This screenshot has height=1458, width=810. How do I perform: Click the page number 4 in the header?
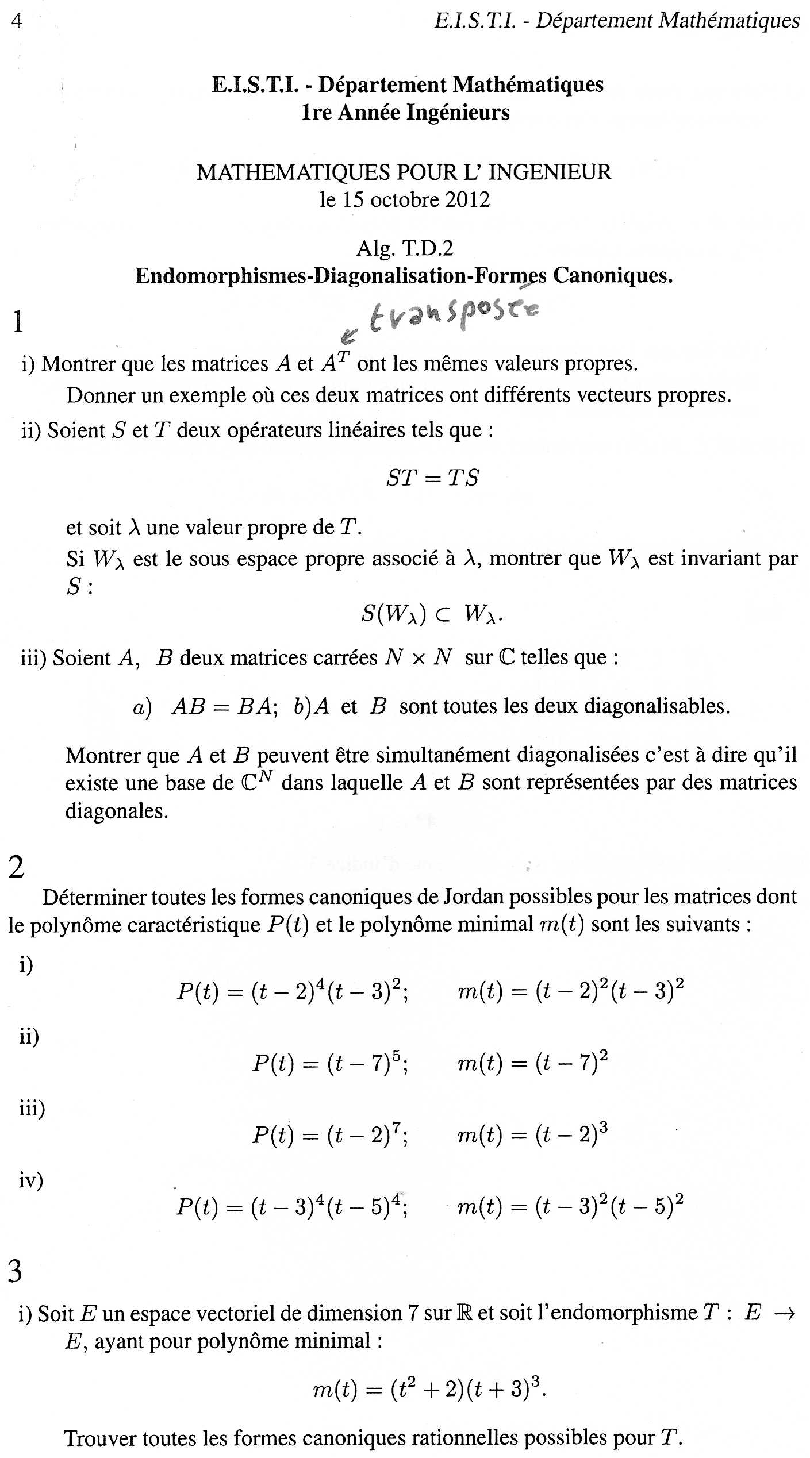[x=17, y=21]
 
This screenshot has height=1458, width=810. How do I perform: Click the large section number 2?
[x=17, y=867]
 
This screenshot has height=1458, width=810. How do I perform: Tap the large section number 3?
[x=16, y=1271]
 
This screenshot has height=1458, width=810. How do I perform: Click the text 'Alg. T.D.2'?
[x=405, y=248]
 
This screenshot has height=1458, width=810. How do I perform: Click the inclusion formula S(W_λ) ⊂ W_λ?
[x=431, y=614]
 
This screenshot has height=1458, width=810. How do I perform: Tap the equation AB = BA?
[x=221, y=706]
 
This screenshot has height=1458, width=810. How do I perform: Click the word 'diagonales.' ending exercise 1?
[x=117, y=811]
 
